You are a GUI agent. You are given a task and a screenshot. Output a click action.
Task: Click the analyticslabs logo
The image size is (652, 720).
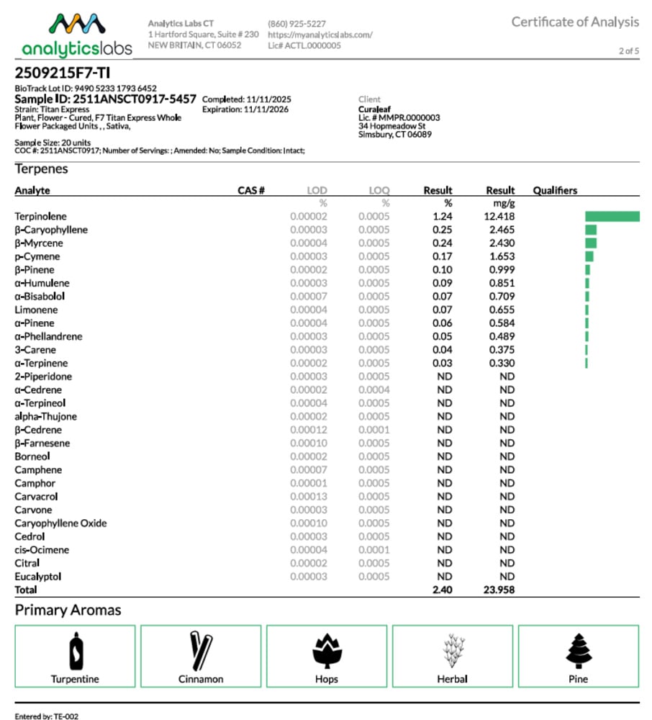click(x=77, y=35)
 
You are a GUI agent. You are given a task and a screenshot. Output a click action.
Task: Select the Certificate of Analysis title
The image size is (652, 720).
click(x=574, y=22)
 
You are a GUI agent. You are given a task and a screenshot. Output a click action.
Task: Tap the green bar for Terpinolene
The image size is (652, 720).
click(x=612, y=217)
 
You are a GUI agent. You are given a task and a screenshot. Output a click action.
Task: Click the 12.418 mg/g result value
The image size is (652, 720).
click(x=500, y=217)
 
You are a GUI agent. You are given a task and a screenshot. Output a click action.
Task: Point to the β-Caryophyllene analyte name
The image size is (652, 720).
click(x=51, y=230)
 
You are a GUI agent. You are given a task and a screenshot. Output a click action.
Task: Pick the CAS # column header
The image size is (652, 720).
click(x=251, y=191)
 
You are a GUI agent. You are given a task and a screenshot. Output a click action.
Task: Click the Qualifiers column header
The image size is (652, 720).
click(x=554, y=191)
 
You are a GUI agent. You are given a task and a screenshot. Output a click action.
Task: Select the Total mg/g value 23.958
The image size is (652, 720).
click(x=500, y=590)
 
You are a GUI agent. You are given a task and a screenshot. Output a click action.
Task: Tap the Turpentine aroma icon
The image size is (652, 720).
click(x=75, y=650)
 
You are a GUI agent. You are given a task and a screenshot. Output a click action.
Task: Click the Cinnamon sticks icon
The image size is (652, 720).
click(x=200, y=650)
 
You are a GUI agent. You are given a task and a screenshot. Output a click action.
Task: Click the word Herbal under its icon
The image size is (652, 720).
click(x=452, y=679)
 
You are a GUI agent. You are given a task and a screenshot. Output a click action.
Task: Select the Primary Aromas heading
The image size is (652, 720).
click(x=68, y=611)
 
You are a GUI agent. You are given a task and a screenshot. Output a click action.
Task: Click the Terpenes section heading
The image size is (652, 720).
click(x=42, y=169)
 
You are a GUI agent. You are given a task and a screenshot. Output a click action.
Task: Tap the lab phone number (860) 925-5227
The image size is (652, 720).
click(x=296, y=24)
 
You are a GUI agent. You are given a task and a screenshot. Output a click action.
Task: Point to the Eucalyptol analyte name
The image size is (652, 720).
click(x=38, y=577)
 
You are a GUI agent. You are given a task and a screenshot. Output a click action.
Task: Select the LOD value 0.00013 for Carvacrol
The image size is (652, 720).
click(x=308, y=497)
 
